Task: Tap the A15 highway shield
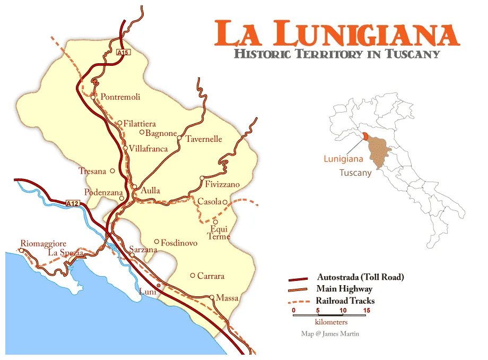[x=123, y=53]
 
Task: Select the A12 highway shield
[x=72, y=203]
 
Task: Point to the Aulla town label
[x=150, y=191]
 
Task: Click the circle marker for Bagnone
[x=142, y=133]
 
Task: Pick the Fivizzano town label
[x=222, y=185]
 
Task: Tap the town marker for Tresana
[x=112, y=171]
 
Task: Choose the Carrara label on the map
[x=211, y=276]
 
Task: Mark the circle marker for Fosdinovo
[x=156, y=242]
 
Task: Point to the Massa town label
[x=227, y=298]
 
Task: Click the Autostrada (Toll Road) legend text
[x=360, y=277]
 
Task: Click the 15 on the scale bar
[x=366, y=310]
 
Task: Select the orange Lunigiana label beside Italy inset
[x=344, y=158]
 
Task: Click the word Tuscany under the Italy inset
[x=355, y=173]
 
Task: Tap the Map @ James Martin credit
[x=329, y=334]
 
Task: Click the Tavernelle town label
[x=204, y=139]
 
